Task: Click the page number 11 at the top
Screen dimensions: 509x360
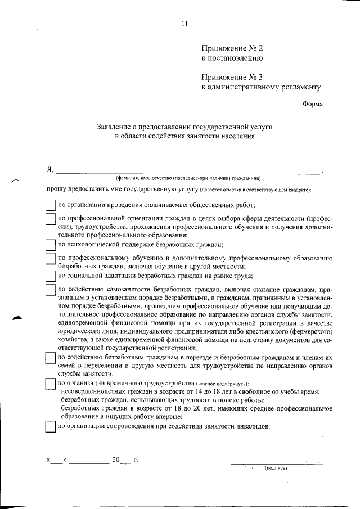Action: coord(184,23)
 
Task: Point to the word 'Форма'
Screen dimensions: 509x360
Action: coord(313,104)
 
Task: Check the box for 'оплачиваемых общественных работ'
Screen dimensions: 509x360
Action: coord(50,205)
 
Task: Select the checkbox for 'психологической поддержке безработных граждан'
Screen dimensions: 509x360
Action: coord(50,244)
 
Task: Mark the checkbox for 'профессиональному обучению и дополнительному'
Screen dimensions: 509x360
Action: coord(50,259)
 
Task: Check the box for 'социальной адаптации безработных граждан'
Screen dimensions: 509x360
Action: coord(50,276)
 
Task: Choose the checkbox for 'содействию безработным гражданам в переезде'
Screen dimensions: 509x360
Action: coord(50,358)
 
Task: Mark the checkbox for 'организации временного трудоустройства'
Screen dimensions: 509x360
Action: coord(50,384)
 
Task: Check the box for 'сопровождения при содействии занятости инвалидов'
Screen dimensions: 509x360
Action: coord(50,426)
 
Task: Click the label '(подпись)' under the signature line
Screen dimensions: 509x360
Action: coord(276,467)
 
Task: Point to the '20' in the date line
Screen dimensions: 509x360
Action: coord(116,460)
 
